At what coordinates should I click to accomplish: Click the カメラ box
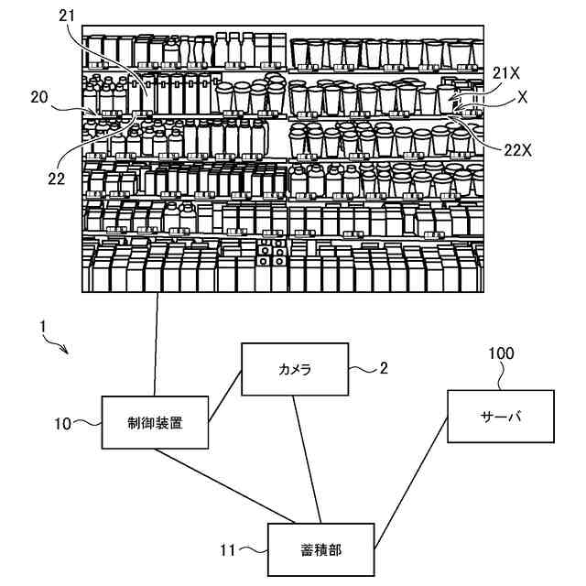click(295, 369)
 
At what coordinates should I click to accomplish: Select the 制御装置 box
click(155, 422)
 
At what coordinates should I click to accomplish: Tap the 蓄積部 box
click(320, 549)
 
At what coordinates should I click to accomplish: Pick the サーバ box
click(501, 416)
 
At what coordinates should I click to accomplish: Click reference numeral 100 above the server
click(501, 353)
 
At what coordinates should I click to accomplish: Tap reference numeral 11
click(228, 550)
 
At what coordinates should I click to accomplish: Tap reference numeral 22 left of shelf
click(56, 179)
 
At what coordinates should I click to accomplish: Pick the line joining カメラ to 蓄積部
click(309, 458)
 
